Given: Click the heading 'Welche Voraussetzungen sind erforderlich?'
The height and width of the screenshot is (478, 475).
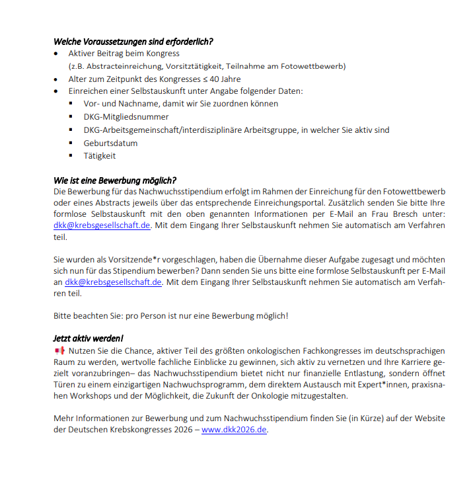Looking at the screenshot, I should (x=133, y=41).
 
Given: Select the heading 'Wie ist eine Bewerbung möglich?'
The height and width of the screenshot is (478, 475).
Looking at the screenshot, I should (x=114, y=180).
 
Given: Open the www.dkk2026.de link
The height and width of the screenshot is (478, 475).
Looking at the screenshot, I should (x=234, y=430).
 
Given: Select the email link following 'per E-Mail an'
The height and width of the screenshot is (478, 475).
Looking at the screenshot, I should (x=113, y=282).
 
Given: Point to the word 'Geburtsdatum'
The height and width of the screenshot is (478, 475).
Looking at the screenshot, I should (x=110, y=143).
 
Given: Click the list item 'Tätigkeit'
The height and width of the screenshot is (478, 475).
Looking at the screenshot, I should (x=100, y=155).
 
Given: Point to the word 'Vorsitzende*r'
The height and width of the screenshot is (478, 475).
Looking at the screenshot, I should (x=127, y=260).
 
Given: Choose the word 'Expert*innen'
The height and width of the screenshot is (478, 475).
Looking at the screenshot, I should (x=375, y=385).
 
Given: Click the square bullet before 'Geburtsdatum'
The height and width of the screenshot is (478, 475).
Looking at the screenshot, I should (x=70, y=143).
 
